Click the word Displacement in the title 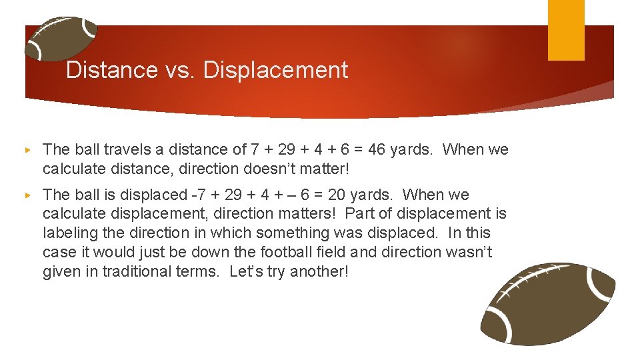[x=275, y=70]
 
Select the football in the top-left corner [x=61, y=38]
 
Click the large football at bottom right [x=548, y=303]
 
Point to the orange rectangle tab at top [x=566, y=29]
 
